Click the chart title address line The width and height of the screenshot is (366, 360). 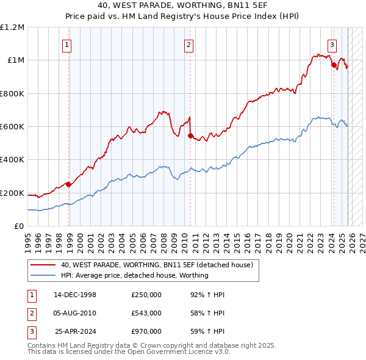click(x=182, y=5)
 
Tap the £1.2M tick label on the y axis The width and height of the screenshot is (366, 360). click(x=12, y=27)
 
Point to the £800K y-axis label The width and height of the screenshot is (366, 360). click(x=12, y=93)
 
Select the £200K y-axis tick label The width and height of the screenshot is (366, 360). click(x=12, y=193)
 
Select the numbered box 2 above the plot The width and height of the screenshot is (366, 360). click(x=189, y=44)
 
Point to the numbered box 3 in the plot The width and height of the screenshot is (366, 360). click(x=332, y=44)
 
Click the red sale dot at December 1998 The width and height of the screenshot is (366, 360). click(x=69, y=184)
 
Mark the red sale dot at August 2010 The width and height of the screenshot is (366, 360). click(x=190, y=136)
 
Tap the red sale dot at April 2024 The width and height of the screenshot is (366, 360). click(x=334, y=65)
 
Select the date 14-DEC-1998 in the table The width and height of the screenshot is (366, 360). click(x=75, y=295)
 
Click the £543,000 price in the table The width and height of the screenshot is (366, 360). click(x=146, y=313)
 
